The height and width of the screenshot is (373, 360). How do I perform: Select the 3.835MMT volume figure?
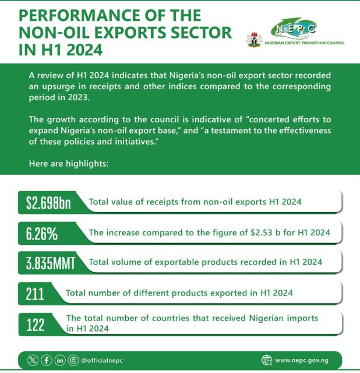51,263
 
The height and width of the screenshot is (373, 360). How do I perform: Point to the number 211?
36,293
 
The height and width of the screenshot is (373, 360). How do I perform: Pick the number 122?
36,324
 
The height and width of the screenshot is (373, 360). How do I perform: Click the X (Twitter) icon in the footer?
33,360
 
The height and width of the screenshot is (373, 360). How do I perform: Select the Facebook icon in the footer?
46,360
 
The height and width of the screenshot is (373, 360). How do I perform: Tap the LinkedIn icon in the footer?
60,360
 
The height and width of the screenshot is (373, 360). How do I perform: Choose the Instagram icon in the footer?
73,360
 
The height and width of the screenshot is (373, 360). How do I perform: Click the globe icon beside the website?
267,360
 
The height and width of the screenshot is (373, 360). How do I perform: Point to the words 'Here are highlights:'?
68,164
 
